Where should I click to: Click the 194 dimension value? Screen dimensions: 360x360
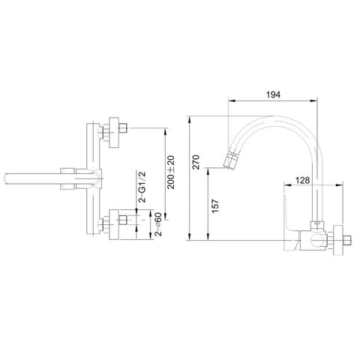tap(273, 94)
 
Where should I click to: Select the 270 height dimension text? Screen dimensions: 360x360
tap(196, 162)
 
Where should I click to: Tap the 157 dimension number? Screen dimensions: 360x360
tap(215, 205)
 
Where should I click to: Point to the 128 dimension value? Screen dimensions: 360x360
tap(302, 180)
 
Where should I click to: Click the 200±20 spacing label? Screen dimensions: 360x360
tap(171, 172)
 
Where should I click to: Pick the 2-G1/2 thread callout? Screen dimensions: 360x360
tap(142, 187)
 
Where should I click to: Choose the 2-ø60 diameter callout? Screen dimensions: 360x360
tap(158, 225)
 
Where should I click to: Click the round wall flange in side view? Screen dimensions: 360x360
tap(338, 240)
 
